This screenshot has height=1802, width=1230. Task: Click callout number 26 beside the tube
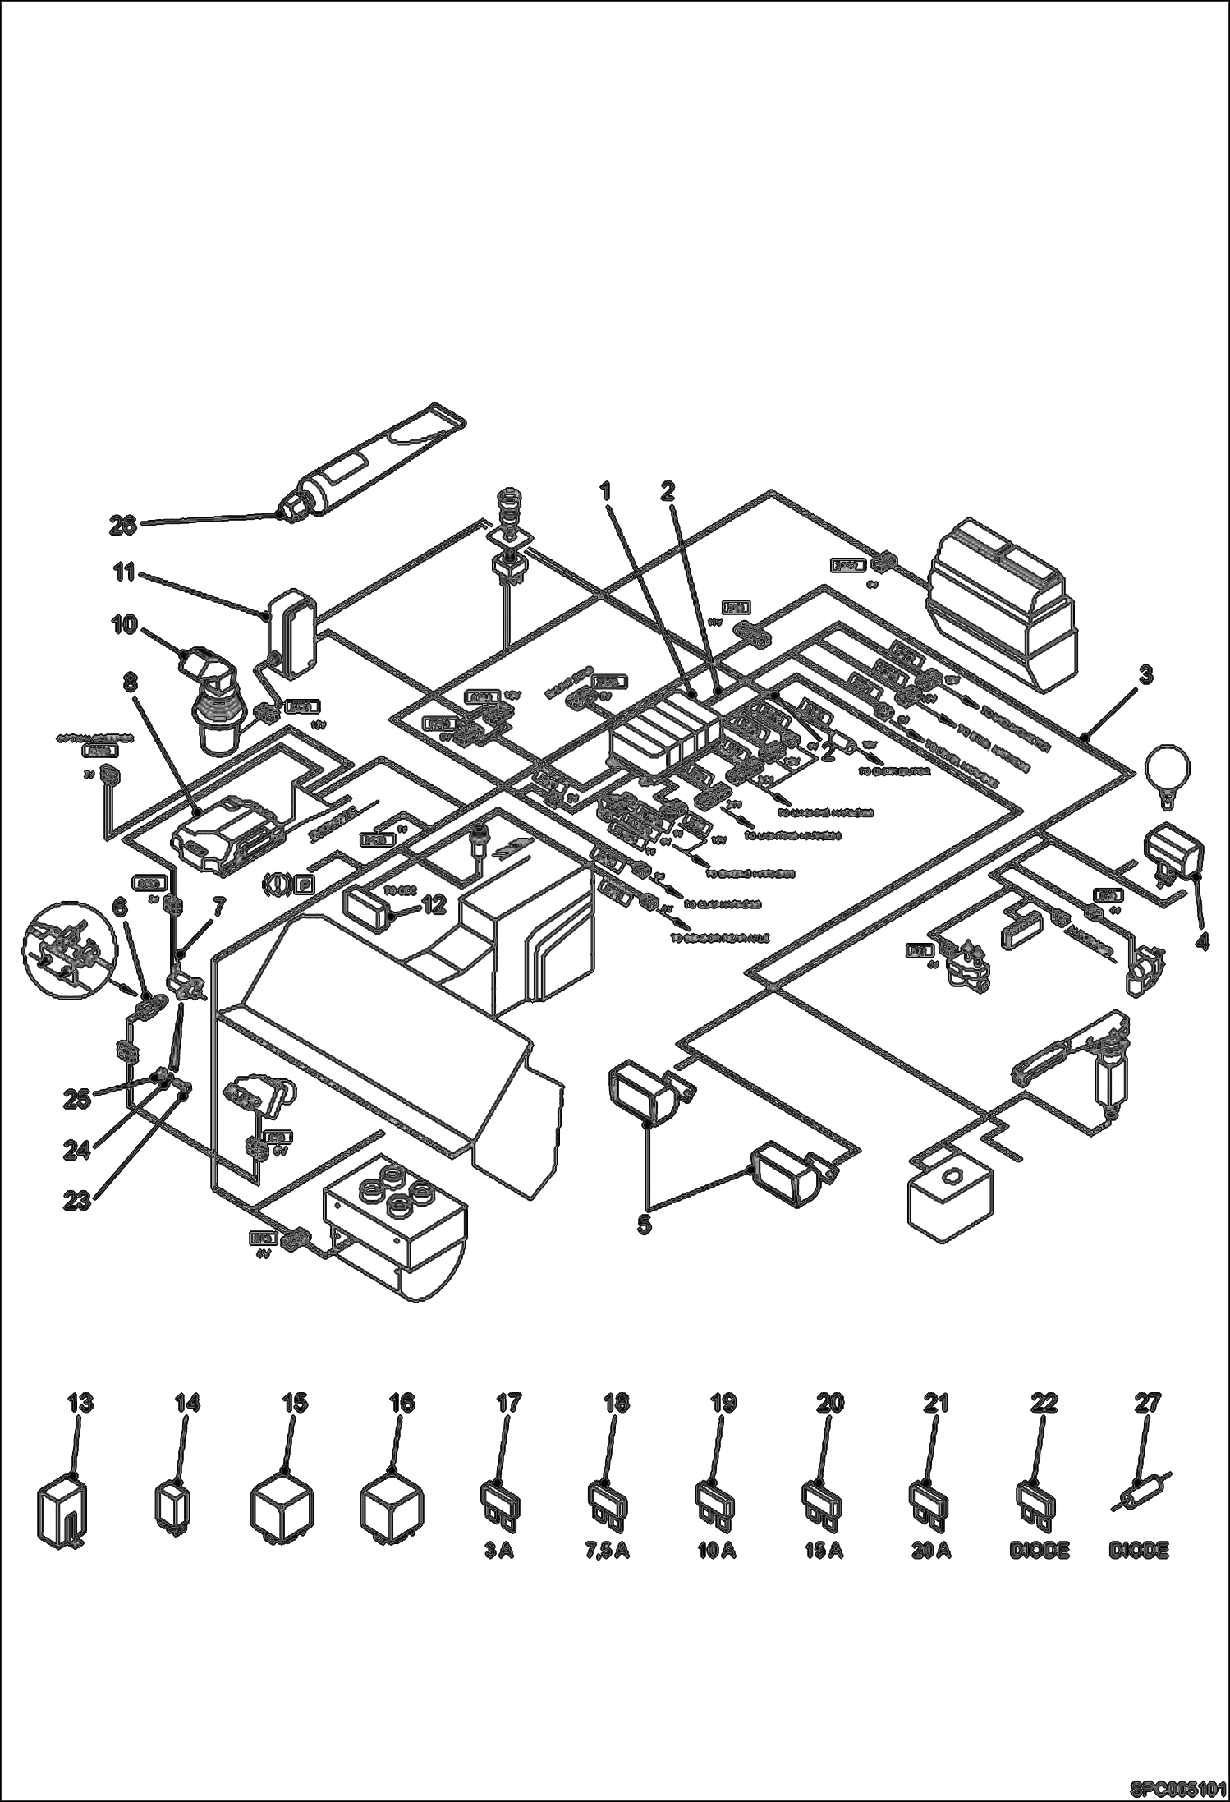coord(123,525)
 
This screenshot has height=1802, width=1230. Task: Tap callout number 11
coord(124,572)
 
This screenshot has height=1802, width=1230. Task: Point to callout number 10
coord(124,623)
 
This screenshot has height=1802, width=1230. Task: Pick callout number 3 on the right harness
coord(1145,674)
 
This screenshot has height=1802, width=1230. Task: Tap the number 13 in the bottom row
coord(80,1403)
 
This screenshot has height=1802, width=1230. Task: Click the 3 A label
coord(498,1551)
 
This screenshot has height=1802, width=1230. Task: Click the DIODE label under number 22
coord(1040,1551)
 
